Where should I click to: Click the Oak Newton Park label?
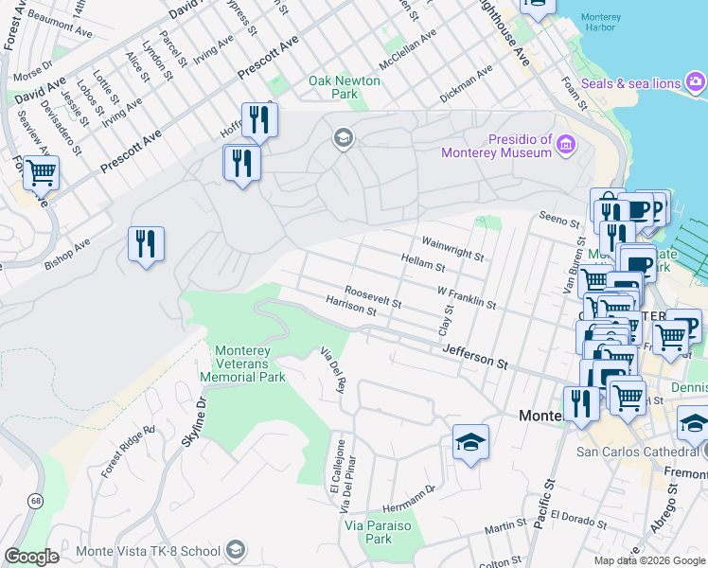(x=345, y=88)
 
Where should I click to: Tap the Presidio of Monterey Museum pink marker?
(x=566, y=145)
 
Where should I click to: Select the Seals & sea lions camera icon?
(x=696, y=83)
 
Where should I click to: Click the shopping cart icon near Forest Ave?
(x=41, y=173)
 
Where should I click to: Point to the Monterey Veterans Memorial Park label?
(x=243, y=364)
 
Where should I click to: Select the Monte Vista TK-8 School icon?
(x=236, y=550)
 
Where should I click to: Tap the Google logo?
(x=31, y=557)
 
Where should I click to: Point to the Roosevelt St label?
(x=373, y=297)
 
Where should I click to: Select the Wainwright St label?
(x=452, y=249)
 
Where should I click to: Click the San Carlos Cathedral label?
(x=636, y=451)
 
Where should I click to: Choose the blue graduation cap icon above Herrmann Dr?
(x=470, y=442)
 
